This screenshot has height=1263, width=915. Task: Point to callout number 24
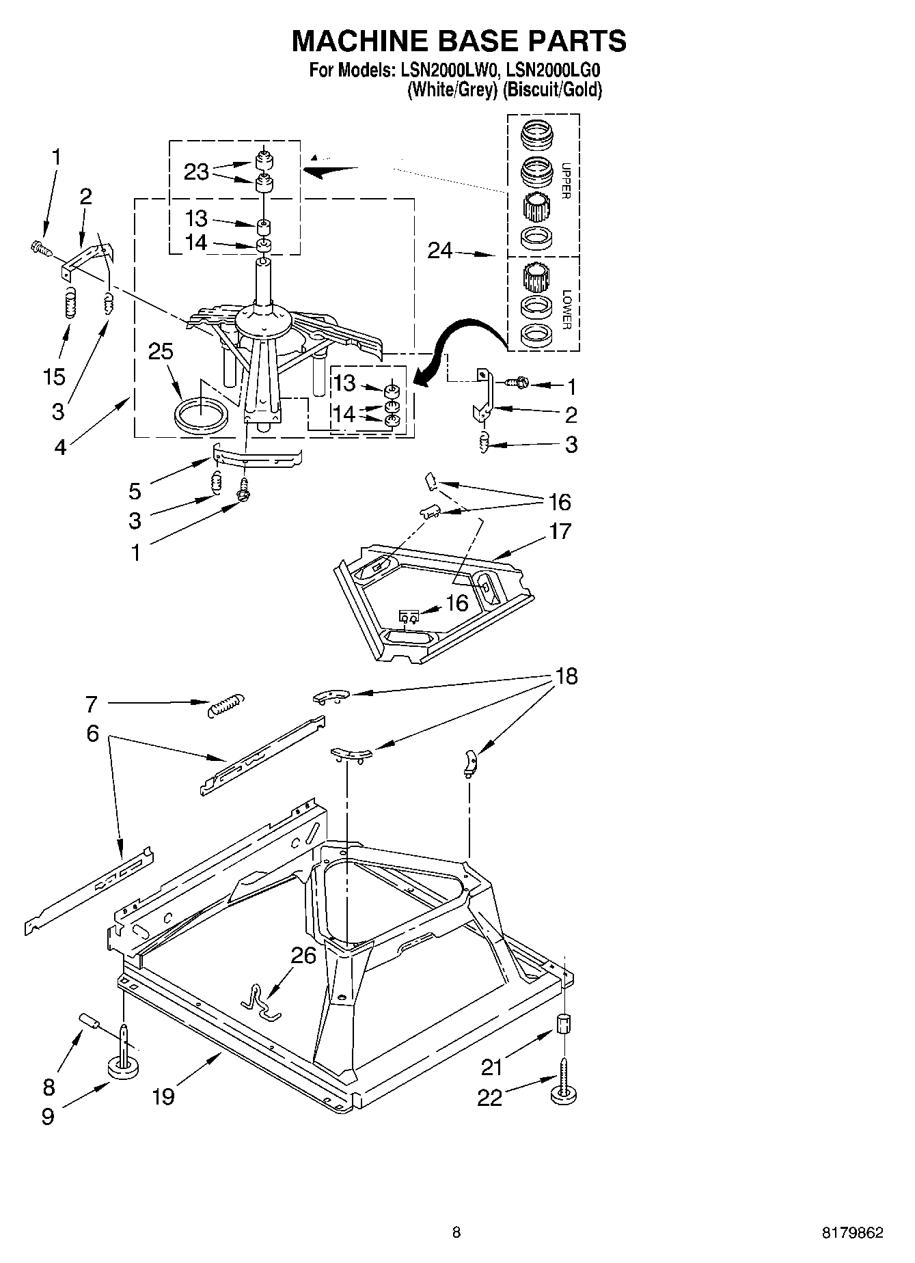[440, 251]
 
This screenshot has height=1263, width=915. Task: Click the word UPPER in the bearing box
[565, 180]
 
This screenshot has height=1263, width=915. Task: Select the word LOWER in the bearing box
[566, 310]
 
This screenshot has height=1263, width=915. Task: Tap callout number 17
[560, 531]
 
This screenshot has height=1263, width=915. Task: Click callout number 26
[303, 955]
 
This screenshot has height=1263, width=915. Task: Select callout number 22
[490, 1098]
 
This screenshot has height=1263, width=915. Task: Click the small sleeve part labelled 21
[564, 1024]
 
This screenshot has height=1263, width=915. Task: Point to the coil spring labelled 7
[225, 704]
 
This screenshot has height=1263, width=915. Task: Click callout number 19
[163, 1096]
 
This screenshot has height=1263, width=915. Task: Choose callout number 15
[55, 376]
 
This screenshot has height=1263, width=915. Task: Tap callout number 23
[196, 171]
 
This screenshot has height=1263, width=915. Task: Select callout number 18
[566, 676]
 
